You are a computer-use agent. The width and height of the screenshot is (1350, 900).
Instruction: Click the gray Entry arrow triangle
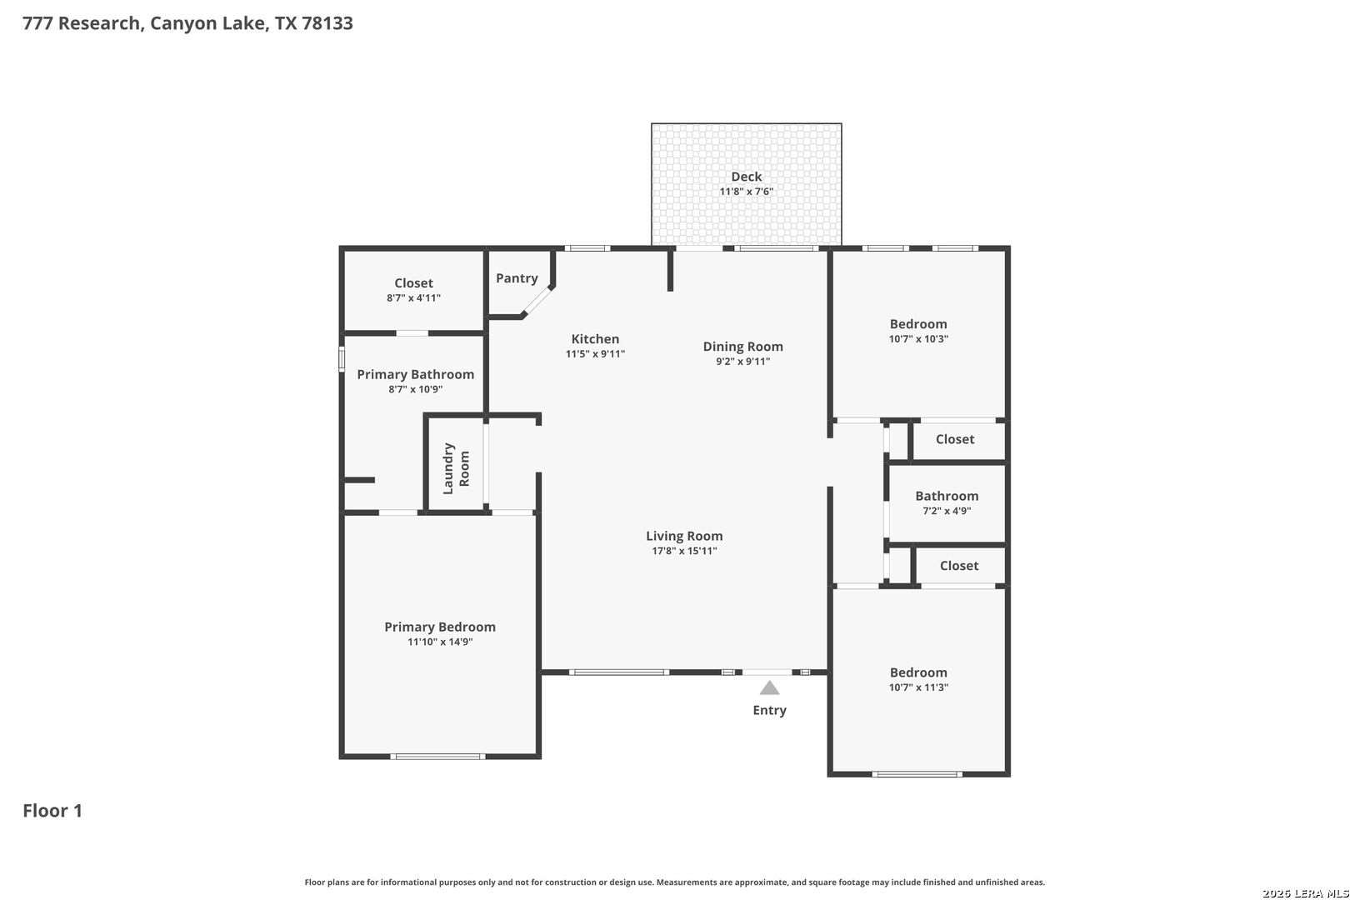(769, 687)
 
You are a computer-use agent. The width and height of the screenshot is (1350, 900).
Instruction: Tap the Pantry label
(517, 277)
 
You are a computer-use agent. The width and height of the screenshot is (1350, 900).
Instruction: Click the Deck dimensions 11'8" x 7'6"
(746, 192)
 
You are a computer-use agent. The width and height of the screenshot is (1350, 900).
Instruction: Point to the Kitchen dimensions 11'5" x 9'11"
(595, 354)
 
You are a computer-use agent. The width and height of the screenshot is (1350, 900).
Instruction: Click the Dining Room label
(743, 347)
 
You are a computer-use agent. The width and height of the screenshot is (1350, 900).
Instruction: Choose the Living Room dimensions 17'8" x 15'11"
(684, 550)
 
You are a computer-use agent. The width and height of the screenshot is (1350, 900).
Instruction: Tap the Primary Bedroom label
(440, 627)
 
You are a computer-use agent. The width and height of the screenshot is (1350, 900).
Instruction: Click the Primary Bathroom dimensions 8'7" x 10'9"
(415, 389)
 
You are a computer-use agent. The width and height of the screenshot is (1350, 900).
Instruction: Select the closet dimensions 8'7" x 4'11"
(413, 297)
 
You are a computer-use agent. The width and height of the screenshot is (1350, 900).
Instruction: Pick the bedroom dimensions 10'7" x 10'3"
(918, 339)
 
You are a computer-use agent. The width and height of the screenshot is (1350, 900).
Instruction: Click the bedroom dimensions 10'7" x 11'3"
(918, 687)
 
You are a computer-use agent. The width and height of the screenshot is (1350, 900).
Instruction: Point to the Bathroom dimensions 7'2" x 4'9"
(947, 511)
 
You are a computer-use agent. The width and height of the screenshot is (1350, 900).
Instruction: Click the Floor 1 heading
(52, 811)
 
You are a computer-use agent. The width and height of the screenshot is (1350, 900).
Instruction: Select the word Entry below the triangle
(770, 710)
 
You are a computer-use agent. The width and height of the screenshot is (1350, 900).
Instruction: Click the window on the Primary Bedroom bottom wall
(437, 757)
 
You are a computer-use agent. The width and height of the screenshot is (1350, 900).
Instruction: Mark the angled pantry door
(537, 301)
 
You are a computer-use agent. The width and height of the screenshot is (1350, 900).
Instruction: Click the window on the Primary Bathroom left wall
(341, 359)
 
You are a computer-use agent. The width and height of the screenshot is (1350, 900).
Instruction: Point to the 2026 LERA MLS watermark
(1305, 893)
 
